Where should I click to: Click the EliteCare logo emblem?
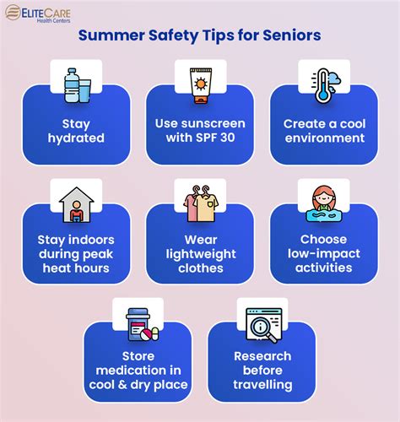click(13, 13)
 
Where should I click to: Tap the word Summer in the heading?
click(111, 35)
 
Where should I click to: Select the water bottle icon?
click(71, 85)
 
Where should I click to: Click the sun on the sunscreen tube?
click(201, 84)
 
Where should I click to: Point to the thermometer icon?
click(322, 86)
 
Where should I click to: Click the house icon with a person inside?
click(76, 205)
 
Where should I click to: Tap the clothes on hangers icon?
click(201, 203)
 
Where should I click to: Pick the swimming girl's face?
click(324, 197)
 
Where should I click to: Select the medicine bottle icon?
click(138, 324)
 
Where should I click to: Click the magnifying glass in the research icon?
click(263, 330)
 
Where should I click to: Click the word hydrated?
click(76, 138)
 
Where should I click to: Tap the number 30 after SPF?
click(227, 138)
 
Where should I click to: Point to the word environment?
click(325, 138)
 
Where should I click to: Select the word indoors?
click(91, 240)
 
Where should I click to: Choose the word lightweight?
click(201, 255)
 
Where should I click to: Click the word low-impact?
click(324, 254)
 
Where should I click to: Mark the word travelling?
click(262, 385)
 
